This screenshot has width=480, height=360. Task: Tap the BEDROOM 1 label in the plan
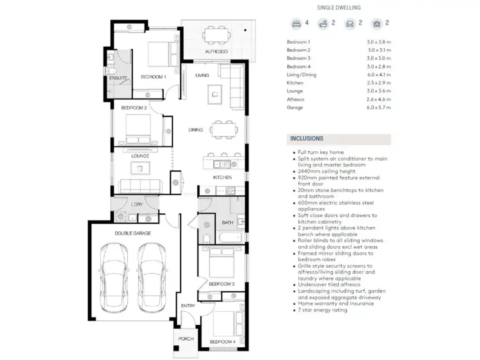pyautogui.click(x=153, y=77)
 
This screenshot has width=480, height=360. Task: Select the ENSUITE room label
pyautogui.click(x=118, y=78)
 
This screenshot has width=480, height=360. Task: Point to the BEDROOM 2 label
pyautogui.click(x=134, y=108)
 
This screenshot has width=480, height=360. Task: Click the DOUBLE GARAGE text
pyautogui.click(x=133, y=234)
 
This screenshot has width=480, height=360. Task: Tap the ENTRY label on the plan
pyautogui.click(x=188, y=306)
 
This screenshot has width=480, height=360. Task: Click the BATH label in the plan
pyautogui.click(x=227, y=223)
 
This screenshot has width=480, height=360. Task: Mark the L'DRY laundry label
pyautogui.click(x=137, y=204)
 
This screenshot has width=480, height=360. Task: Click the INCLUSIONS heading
pyautogui.click(x=307, y=138)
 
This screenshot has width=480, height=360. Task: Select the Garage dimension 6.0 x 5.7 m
pyautogui.click(x=378, y=108)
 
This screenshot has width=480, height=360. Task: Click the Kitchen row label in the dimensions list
pyautogui.click(x=295, y=83)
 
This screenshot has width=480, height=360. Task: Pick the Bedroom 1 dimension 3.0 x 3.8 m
pyautogui.click(x=378, y=42)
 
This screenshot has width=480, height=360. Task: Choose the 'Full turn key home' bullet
pyautogui.click(x=321, y=152)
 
